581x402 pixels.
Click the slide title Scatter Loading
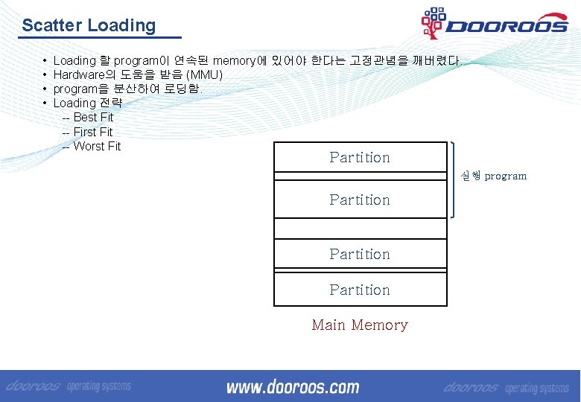click(89, 25)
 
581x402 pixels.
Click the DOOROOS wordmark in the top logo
click(507, 26)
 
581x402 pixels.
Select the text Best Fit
click(93, 118)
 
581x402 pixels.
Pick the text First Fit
click(93, 132)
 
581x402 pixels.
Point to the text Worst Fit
click(97, 146)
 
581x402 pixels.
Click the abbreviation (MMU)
click(204, 75)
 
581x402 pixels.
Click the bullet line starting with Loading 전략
click(87, 103)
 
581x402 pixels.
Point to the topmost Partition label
click(360, 157)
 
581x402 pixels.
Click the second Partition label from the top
click(360, 200)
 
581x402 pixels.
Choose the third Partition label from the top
click(360, 254)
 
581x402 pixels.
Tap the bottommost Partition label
click(360, 290)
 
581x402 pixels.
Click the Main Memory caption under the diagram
click(360, 325)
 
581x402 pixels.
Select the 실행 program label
click(493, 176)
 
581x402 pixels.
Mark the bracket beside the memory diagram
click(454, 179)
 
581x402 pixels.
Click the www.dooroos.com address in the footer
click(293, 387)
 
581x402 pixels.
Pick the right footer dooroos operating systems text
click(506, 388)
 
